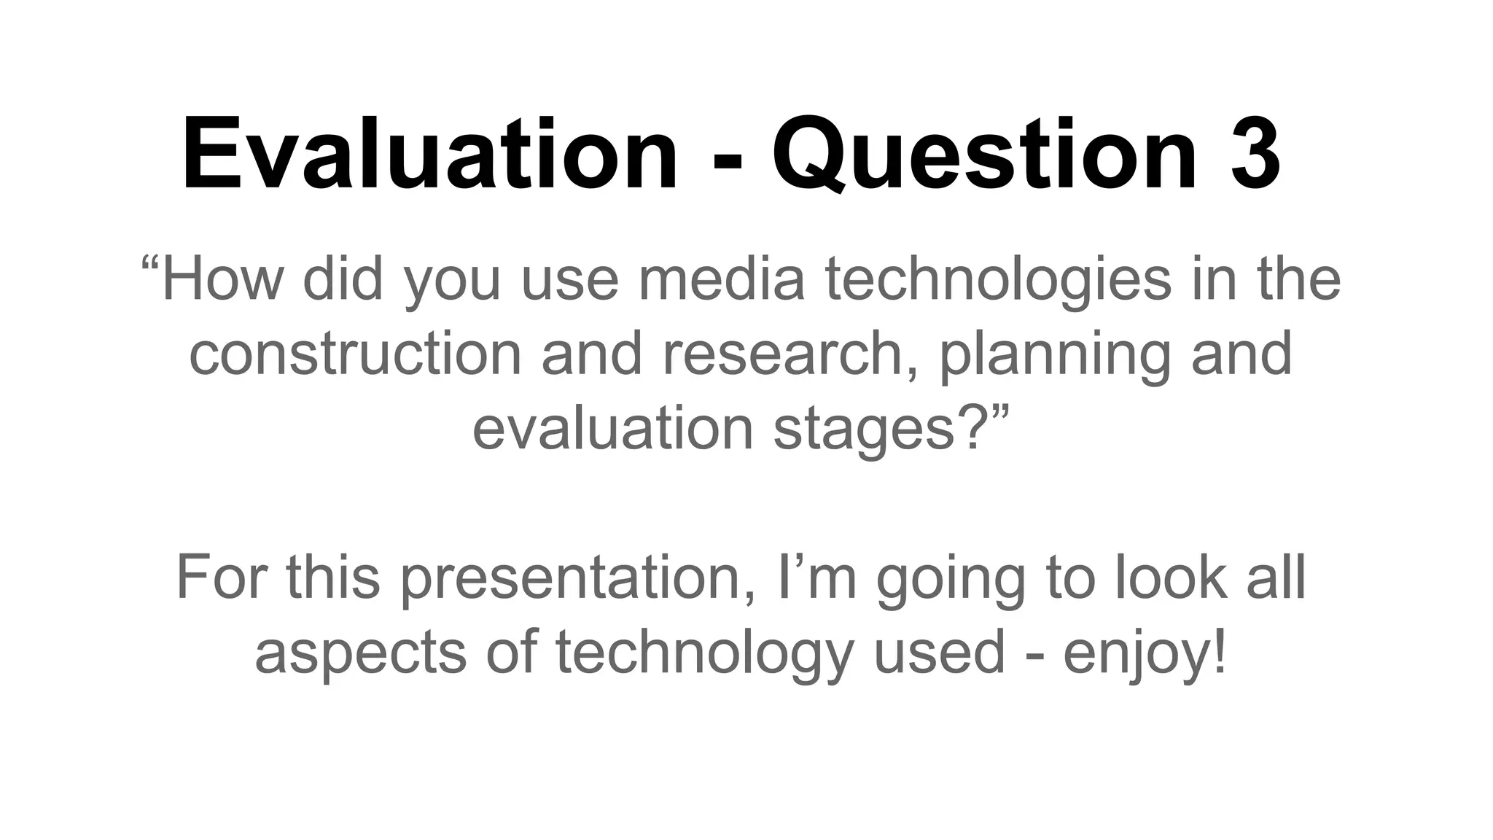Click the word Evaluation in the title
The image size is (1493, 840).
pyautogui.click(x=430, y=155)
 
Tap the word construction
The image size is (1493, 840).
pyautogui.click(x=355, y=354)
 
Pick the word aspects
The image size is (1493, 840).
pyautogui.click(x=360, y=653)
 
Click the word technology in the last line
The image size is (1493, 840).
pyautogui.click(x=703, y=653)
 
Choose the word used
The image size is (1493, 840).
pyautogui.click(x=940, y=653)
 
